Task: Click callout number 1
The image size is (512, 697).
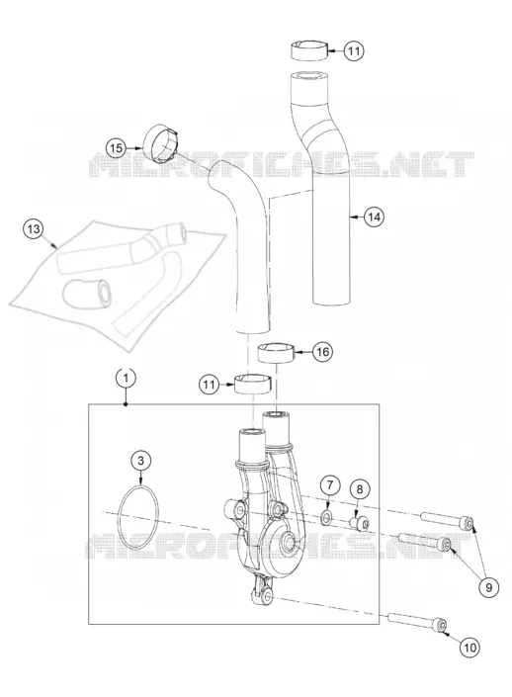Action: coord(127,379)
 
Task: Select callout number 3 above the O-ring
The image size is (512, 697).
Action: coord(141,461)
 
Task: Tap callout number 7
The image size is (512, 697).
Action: coord(329,485)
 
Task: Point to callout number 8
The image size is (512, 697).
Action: coord(360,489)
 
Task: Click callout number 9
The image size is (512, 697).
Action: coord(489,587)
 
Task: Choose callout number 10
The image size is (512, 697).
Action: coord(469,648)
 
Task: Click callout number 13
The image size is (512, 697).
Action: coord(34,229)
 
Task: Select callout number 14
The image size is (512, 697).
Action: coord(375,217)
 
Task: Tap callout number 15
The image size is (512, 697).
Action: coord(116,147)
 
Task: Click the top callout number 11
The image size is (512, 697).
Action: coord(354,50)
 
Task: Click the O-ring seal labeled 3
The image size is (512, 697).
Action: coord(119,518)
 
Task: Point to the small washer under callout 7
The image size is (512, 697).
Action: coord(327,516)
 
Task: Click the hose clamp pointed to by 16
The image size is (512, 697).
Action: coord(277,353)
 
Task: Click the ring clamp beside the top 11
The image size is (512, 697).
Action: coord(310,50)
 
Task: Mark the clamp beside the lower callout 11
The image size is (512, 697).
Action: coord(252,384)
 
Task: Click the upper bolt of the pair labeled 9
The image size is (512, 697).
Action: coord(446,521)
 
